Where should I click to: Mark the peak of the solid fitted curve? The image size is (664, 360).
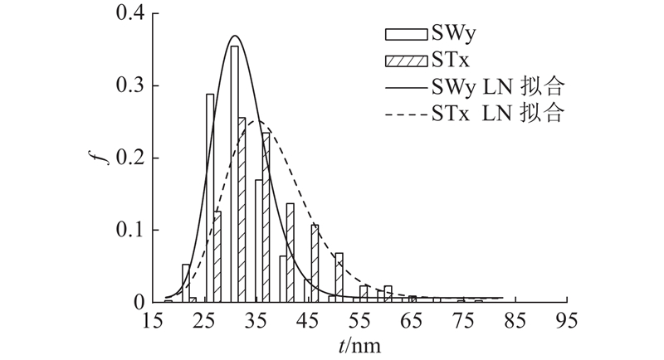pyautogui.click(x=235, y=36)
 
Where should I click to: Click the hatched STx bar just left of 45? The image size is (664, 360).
pyautogui.click(x=290, y=252)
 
